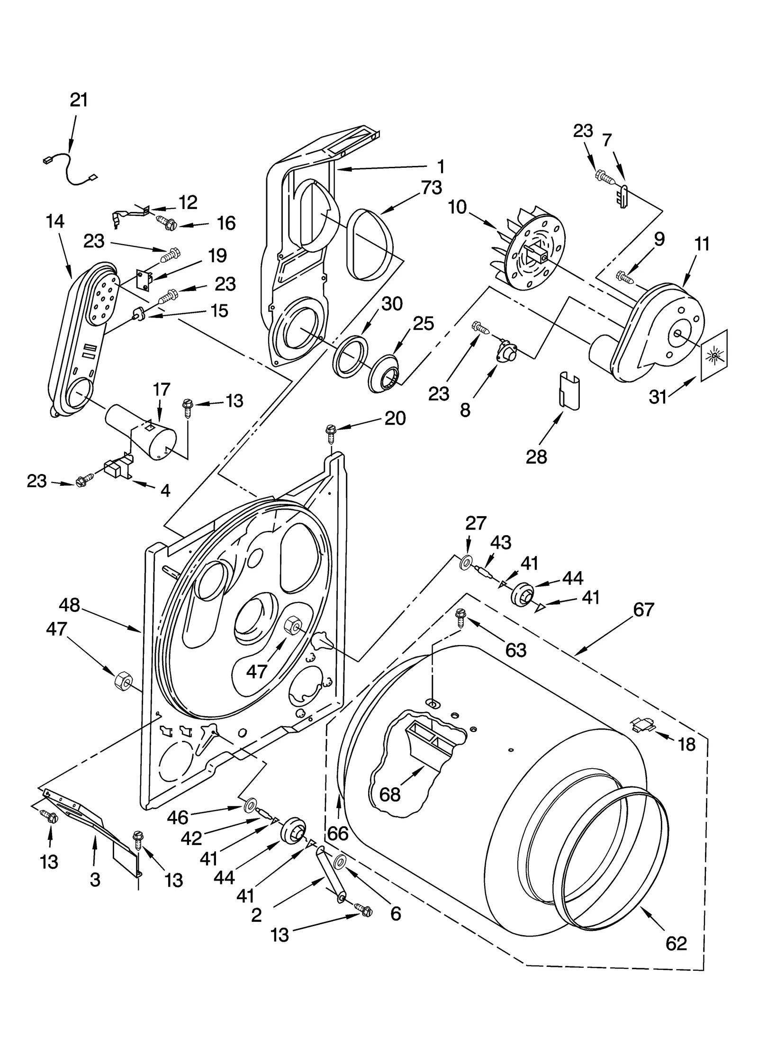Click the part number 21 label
coord(79,100)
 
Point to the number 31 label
coord(658,397)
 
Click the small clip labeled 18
coord(641,724)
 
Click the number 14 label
coord(55,221)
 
